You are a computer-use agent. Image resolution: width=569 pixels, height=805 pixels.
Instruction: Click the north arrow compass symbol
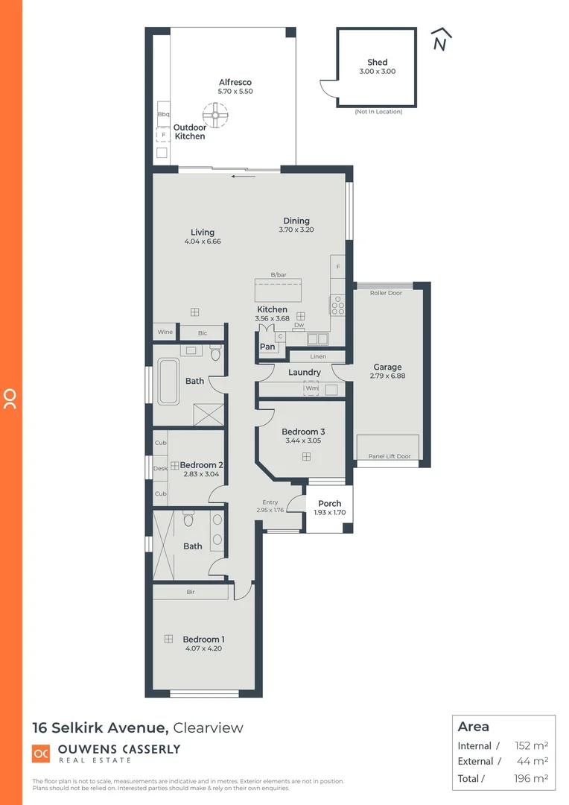tap(441, 40)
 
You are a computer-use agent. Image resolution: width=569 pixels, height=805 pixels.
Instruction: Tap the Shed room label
tap(378, 63)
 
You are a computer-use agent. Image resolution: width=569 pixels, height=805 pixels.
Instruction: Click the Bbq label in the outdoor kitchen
tap(164, 114)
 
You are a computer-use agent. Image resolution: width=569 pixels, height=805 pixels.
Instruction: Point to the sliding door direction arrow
tap(244, 177)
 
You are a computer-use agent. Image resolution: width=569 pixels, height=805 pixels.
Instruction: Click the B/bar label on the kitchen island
tap(279, 276)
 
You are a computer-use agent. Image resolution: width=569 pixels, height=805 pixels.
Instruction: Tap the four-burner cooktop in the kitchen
tap(337, 305)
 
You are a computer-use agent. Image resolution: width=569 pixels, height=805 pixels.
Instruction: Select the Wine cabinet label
tap(165, 332)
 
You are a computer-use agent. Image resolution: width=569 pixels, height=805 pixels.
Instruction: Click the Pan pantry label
tap(267, 347)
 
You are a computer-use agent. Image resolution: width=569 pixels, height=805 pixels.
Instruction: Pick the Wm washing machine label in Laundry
tap(311, 388)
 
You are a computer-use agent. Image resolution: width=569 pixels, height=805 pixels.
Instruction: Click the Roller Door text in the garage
tap(386, 293)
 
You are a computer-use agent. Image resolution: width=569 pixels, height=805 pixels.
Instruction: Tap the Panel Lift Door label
tap(390, 456)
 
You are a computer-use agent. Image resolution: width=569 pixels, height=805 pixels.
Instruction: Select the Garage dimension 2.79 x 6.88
tap(387, 376)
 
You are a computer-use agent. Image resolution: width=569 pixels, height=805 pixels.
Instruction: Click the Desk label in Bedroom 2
tap(160, 469)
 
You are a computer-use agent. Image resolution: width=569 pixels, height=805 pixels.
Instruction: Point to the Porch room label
tap(330, 504)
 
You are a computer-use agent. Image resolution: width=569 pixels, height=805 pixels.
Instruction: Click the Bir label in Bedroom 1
tap(191, 593)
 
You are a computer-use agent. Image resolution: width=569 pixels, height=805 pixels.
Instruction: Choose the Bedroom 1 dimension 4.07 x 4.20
tap(203, 648)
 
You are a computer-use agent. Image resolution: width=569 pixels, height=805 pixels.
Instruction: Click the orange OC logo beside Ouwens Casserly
tap(41, 754)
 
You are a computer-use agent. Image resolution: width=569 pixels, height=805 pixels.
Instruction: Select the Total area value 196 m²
tap(531, 778)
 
